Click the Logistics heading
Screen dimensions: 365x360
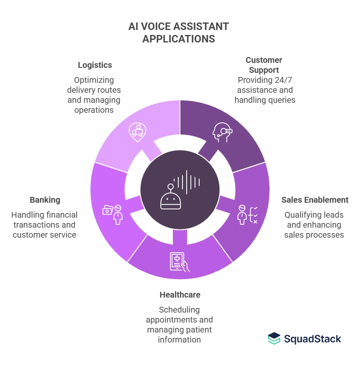[95, 65]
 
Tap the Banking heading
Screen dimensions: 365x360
[45, 200]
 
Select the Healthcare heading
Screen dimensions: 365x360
[180, 295]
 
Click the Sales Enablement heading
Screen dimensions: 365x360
[315, 200]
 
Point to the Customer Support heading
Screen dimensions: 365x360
[264, 65]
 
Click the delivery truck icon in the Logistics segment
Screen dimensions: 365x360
[137, 130]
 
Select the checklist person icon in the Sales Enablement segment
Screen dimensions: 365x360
[247, 215]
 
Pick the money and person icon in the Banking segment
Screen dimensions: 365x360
[112, 214]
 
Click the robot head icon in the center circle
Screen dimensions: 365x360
[170, 199]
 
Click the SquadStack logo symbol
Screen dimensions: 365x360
[274, 338]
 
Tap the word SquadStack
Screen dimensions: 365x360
[312, 339]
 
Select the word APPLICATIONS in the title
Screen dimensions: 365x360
[179, 39]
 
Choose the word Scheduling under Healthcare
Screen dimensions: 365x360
[179, 310]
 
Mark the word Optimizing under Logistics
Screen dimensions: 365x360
[94, 80]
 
